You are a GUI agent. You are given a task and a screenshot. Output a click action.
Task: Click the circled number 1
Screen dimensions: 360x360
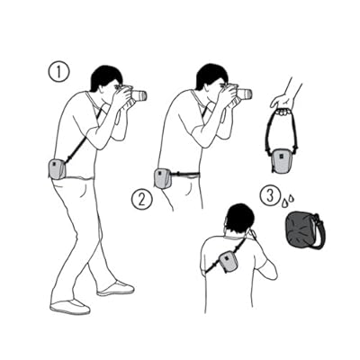[x=58, y=72]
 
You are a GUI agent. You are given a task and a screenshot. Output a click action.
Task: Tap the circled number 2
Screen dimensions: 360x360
[x=142, y=199]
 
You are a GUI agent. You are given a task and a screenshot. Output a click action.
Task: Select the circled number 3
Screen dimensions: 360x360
[x=270, y=196]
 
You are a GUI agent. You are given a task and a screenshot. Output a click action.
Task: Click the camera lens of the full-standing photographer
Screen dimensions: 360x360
[x=139, y=95]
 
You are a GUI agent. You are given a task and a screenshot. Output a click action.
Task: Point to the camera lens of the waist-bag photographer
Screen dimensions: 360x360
[x=245, y=94]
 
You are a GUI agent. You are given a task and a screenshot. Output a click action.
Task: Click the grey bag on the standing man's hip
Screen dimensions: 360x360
[x=57, y=169]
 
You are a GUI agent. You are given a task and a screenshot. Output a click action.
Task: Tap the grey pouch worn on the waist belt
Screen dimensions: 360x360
[x=162, y=179]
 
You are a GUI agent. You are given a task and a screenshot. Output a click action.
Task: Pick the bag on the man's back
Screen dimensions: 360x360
[x=228, y=261]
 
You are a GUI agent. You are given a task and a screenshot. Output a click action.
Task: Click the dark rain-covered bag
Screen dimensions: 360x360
[x=301, y=229]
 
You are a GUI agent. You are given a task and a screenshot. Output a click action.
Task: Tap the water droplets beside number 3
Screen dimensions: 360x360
[x=287, y=201]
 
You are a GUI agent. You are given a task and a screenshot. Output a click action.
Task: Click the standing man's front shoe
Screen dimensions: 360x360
[x=115, y=289]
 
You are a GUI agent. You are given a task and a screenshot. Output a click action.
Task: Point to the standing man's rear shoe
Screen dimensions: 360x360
[x=70, y=307]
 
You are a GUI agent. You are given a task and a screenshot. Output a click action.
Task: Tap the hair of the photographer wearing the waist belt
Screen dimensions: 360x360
[x=210, y=76]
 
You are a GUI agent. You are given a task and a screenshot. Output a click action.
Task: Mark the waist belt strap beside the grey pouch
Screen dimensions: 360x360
[x=184, y=174]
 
